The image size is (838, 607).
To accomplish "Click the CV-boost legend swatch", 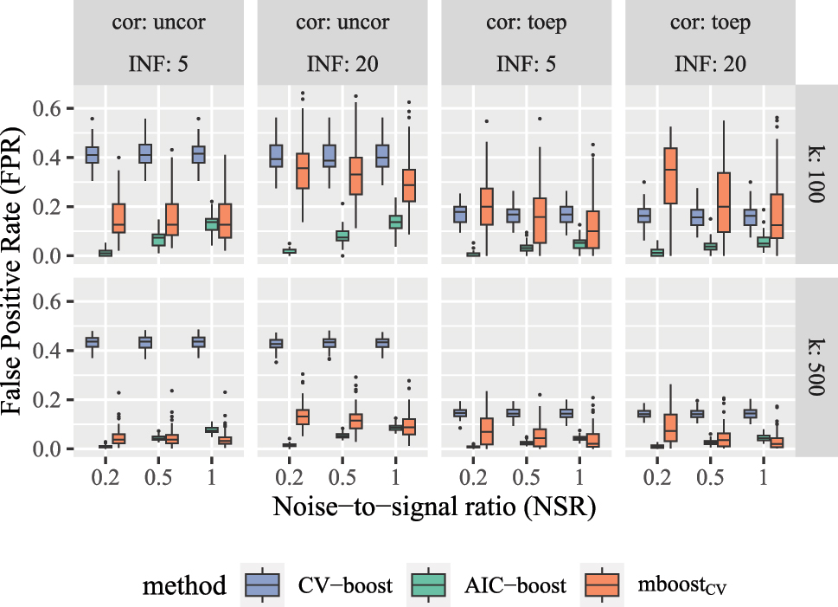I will (260, 586).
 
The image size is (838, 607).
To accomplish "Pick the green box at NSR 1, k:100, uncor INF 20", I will (395, 222).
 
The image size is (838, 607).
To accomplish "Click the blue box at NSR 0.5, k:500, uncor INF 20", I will (329, 343).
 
